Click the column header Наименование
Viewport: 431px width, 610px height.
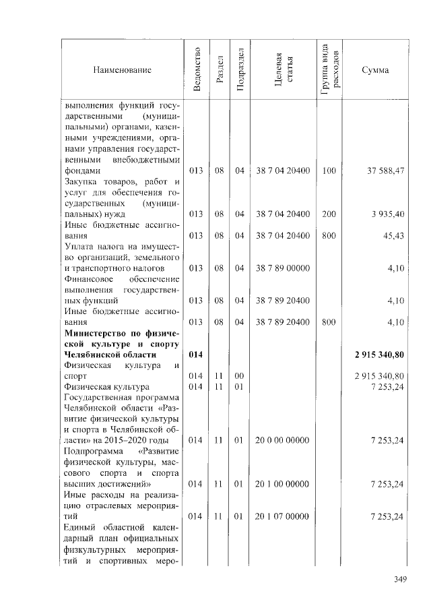pos(123,70)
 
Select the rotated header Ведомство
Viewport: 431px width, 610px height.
pos(196,70)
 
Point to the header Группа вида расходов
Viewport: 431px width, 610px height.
pos(329,70)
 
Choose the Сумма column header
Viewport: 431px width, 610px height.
pos(374,70)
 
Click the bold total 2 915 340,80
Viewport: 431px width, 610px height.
pos(379,354)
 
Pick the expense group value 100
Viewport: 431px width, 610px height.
pos(329,171)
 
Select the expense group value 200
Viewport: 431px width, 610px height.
pos(329,214)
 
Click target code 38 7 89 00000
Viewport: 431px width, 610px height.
pos(282,268)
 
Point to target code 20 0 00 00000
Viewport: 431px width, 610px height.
pos(282,440)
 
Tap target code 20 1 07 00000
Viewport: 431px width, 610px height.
pos(282,516)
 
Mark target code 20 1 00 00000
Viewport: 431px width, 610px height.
pos(282,483)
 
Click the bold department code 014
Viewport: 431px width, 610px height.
pos(196,354)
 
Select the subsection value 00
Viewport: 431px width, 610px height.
pos(239,375)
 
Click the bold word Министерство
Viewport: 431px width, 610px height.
pos(96,332)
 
